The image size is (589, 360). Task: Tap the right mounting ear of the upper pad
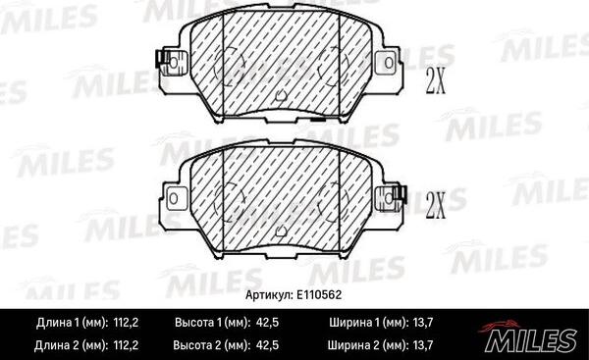[391, 64]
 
